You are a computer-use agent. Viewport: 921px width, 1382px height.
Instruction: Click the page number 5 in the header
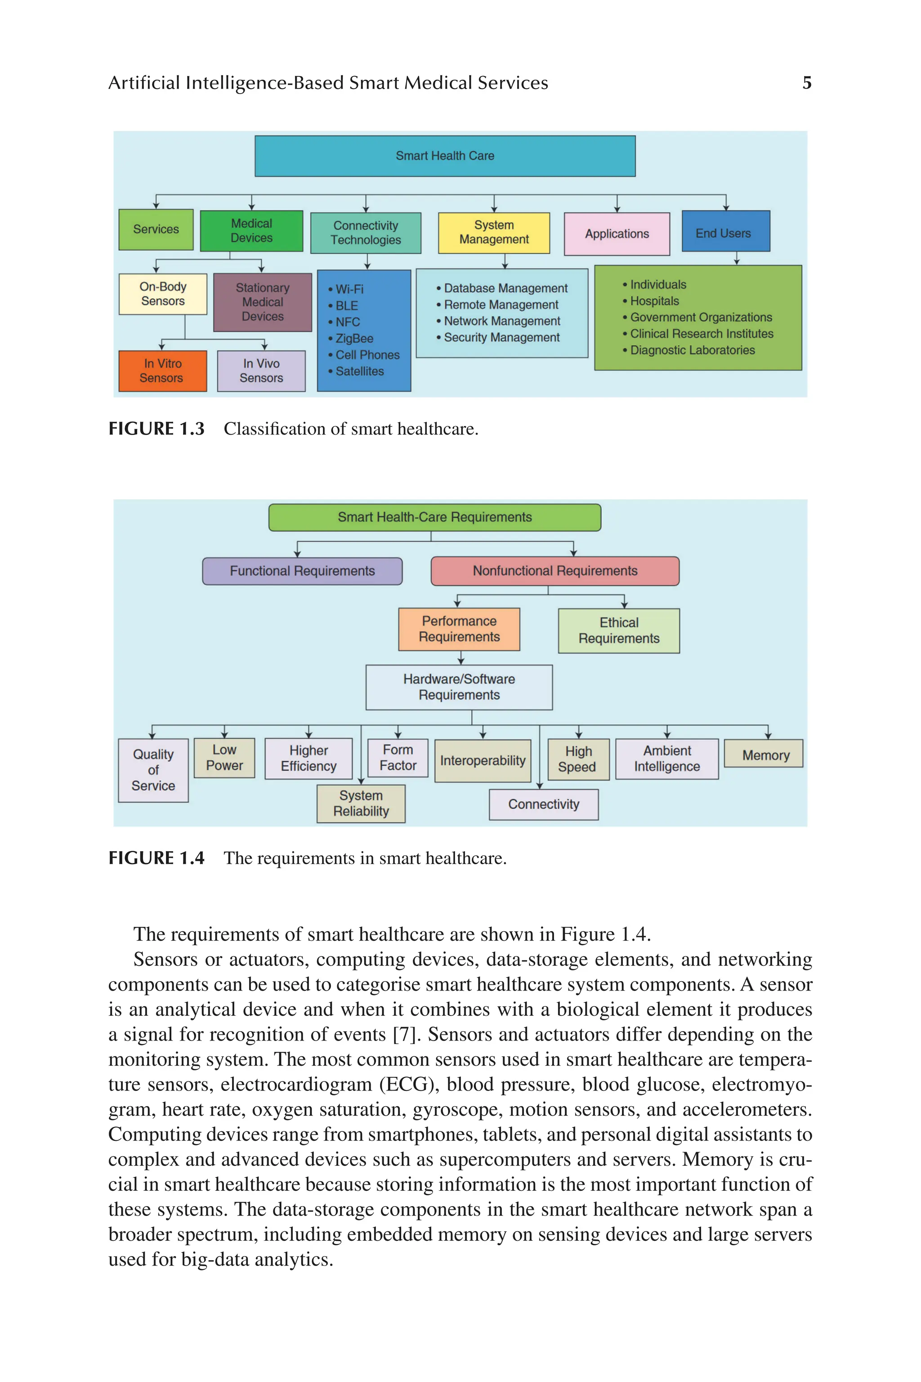(807, 83)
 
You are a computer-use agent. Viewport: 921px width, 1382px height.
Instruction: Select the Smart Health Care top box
(445, 156)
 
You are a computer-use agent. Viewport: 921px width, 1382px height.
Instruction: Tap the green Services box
(156, 229)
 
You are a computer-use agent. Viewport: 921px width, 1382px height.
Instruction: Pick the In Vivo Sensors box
(261, 371)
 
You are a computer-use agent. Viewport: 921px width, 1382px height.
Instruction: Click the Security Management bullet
(501, 337)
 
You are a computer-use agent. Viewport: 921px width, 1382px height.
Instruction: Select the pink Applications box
(617, 234)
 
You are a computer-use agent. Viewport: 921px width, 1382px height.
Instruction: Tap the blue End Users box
(725, 233)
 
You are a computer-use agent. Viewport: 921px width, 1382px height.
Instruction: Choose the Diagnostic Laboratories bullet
(692, 350)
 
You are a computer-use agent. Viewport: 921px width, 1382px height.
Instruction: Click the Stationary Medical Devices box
(263, 302)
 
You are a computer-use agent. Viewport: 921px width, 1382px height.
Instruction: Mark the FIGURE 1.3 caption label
(156, 429)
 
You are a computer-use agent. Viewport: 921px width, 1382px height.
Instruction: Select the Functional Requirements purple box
(302, 571)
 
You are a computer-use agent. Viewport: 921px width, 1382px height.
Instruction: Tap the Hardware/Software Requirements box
(459, 687)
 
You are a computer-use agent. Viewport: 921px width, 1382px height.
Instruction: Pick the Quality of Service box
(153, 770)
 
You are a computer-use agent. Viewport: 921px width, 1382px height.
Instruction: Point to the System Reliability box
(361, 803)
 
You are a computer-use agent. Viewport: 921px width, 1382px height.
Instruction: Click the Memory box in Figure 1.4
(765, 755)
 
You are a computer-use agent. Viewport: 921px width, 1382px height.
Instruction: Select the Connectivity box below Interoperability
(543, 804)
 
